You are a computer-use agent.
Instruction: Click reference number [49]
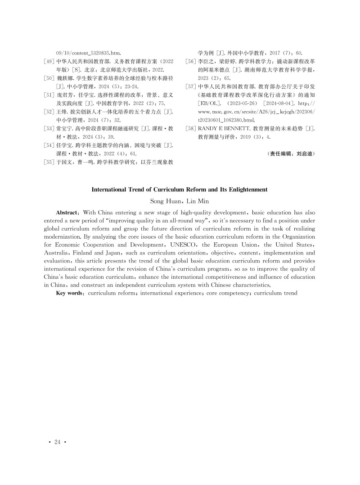point(49,61)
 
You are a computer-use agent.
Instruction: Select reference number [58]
point(191,129)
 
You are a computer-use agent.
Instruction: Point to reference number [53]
point(49,129)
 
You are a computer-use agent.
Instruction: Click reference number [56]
point(191,61)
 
